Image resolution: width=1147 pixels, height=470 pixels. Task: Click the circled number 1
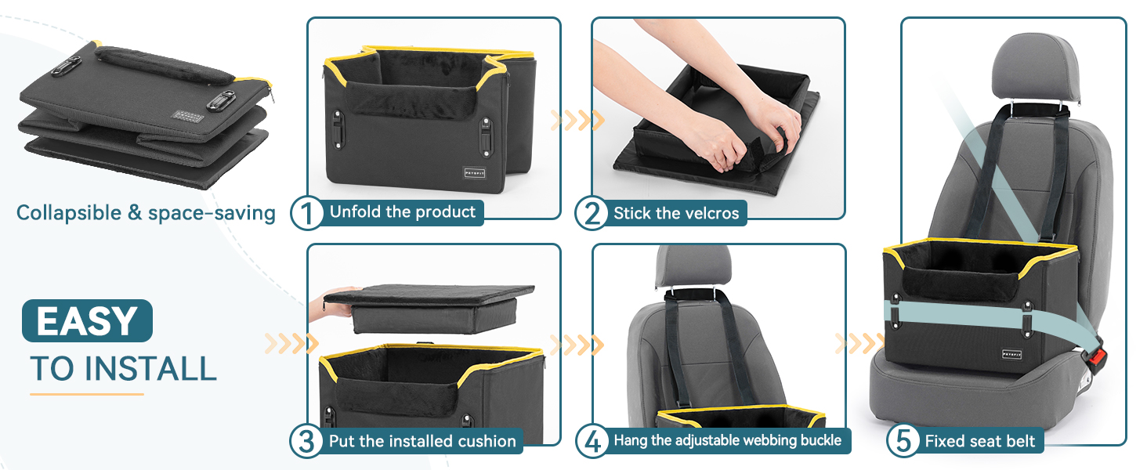click(x=306, y=213)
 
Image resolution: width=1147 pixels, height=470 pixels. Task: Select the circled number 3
click(x=306, y=441)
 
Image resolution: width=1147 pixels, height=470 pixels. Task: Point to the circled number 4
click(x=592, y=441)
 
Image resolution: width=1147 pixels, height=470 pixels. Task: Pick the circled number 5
click(x=903, y=441)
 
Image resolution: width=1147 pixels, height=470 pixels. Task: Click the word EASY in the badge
click(x=87, y=321)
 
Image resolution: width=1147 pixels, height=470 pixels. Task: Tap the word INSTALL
click(x=150, y=369)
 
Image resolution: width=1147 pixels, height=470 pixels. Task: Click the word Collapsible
click(x=69, y=212)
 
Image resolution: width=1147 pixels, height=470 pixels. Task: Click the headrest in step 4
click(x=694, y=266)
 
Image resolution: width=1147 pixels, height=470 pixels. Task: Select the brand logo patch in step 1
click(x=475, y=173)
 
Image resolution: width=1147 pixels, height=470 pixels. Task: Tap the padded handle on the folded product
click(x=164, y=65)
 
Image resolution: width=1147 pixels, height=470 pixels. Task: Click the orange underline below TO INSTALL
click(x=86, y=394)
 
